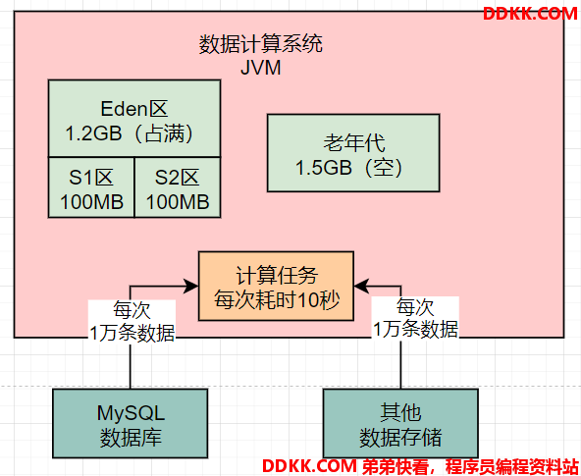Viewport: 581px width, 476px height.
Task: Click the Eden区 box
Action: pyautogui.click(x=134, y=119)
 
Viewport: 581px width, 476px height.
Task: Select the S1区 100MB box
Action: pyautogui.click(x=91, y=187)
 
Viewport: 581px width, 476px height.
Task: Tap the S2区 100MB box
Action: pyautogui.click(x=178, y=187)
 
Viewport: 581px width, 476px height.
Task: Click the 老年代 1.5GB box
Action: pyautogui.click(x=353, y=153)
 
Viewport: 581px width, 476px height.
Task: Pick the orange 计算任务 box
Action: pyautogui.click(x=276, y=286)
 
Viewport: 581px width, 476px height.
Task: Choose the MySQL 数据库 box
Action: pyautogui.click(x=131, y=423)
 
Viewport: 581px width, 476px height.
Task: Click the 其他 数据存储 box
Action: pyautogui.click(x=400, y=423)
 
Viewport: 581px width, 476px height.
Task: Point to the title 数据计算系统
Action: pyautogui.click(x=261, y=44)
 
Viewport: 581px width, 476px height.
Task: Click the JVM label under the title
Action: pyautogui.click(x=261, y=68)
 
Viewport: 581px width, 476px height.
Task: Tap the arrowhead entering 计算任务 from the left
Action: pyautogui.click(x=191, y=286)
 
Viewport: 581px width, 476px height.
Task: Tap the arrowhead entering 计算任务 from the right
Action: pyautogui.click(x=361, y=286)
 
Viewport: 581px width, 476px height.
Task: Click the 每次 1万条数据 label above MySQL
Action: pyautogui.click(x=132, y=321)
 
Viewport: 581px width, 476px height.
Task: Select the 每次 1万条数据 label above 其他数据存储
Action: pyautogui.click(x=415, y=318)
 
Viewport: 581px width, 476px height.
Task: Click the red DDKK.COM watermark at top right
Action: pyautogui.click(x=530, y=14)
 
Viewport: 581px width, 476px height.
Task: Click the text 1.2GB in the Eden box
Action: pyautogui.click(x=93, y=133)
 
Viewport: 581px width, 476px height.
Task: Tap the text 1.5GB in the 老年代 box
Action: pyautogui.click(x=324, y=168)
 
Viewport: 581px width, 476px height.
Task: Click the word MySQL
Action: pyautogui.click(x=131, y=413)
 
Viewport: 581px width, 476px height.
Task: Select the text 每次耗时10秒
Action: pyautogui.click(x=277, y=299)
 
